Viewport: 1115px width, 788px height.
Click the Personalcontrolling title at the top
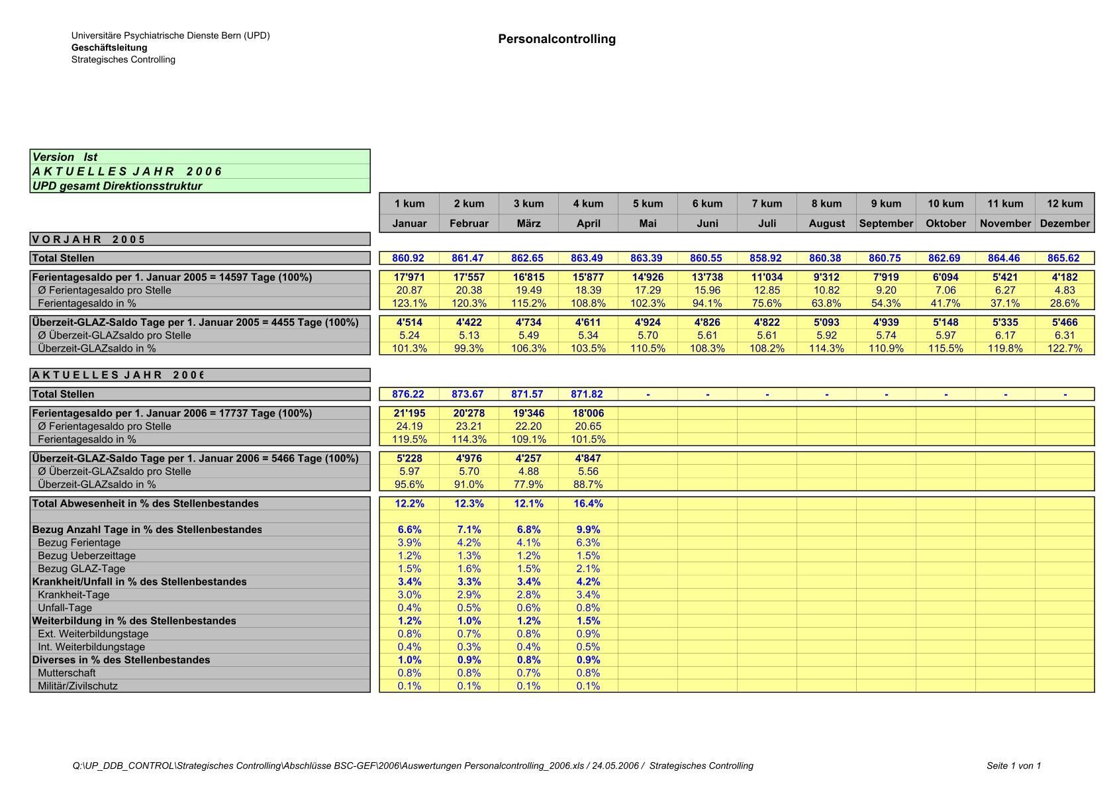557,39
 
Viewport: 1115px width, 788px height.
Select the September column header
886,223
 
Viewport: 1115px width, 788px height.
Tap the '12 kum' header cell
1065,203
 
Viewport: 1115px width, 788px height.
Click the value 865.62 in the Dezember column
1064,258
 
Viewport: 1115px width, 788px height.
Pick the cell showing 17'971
409,277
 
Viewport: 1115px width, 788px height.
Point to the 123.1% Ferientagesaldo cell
409,303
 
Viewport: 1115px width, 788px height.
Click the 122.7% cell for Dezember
1064,348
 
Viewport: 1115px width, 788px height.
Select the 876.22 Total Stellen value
408,394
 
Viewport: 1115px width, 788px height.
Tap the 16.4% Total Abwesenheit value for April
588,504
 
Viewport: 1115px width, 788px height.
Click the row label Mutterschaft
66,673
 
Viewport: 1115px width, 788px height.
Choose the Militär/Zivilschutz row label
77,686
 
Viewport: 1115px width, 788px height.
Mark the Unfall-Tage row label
65,608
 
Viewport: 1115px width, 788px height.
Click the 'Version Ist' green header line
65,157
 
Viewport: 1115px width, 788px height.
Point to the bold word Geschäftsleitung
109,48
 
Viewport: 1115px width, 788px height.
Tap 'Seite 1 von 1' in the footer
1013,766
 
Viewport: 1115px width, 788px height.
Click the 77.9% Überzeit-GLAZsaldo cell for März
528,484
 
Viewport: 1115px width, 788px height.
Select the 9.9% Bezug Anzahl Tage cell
588,530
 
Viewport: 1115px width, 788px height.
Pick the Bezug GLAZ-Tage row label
81,569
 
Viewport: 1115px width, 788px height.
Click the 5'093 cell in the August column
826,322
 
